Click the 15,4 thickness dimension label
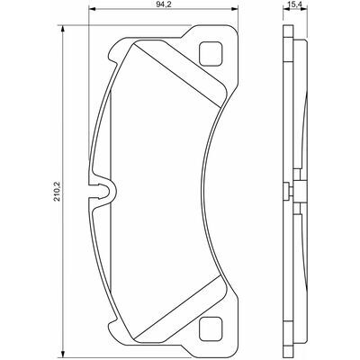coord(295,4)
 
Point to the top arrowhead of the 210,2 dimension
coord(62,28)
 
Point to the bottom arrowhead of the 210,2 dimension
coord(62,354)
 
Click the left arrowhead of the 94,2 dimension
coord(92,9)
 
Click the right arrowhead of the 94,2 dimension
coord(235,9)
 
